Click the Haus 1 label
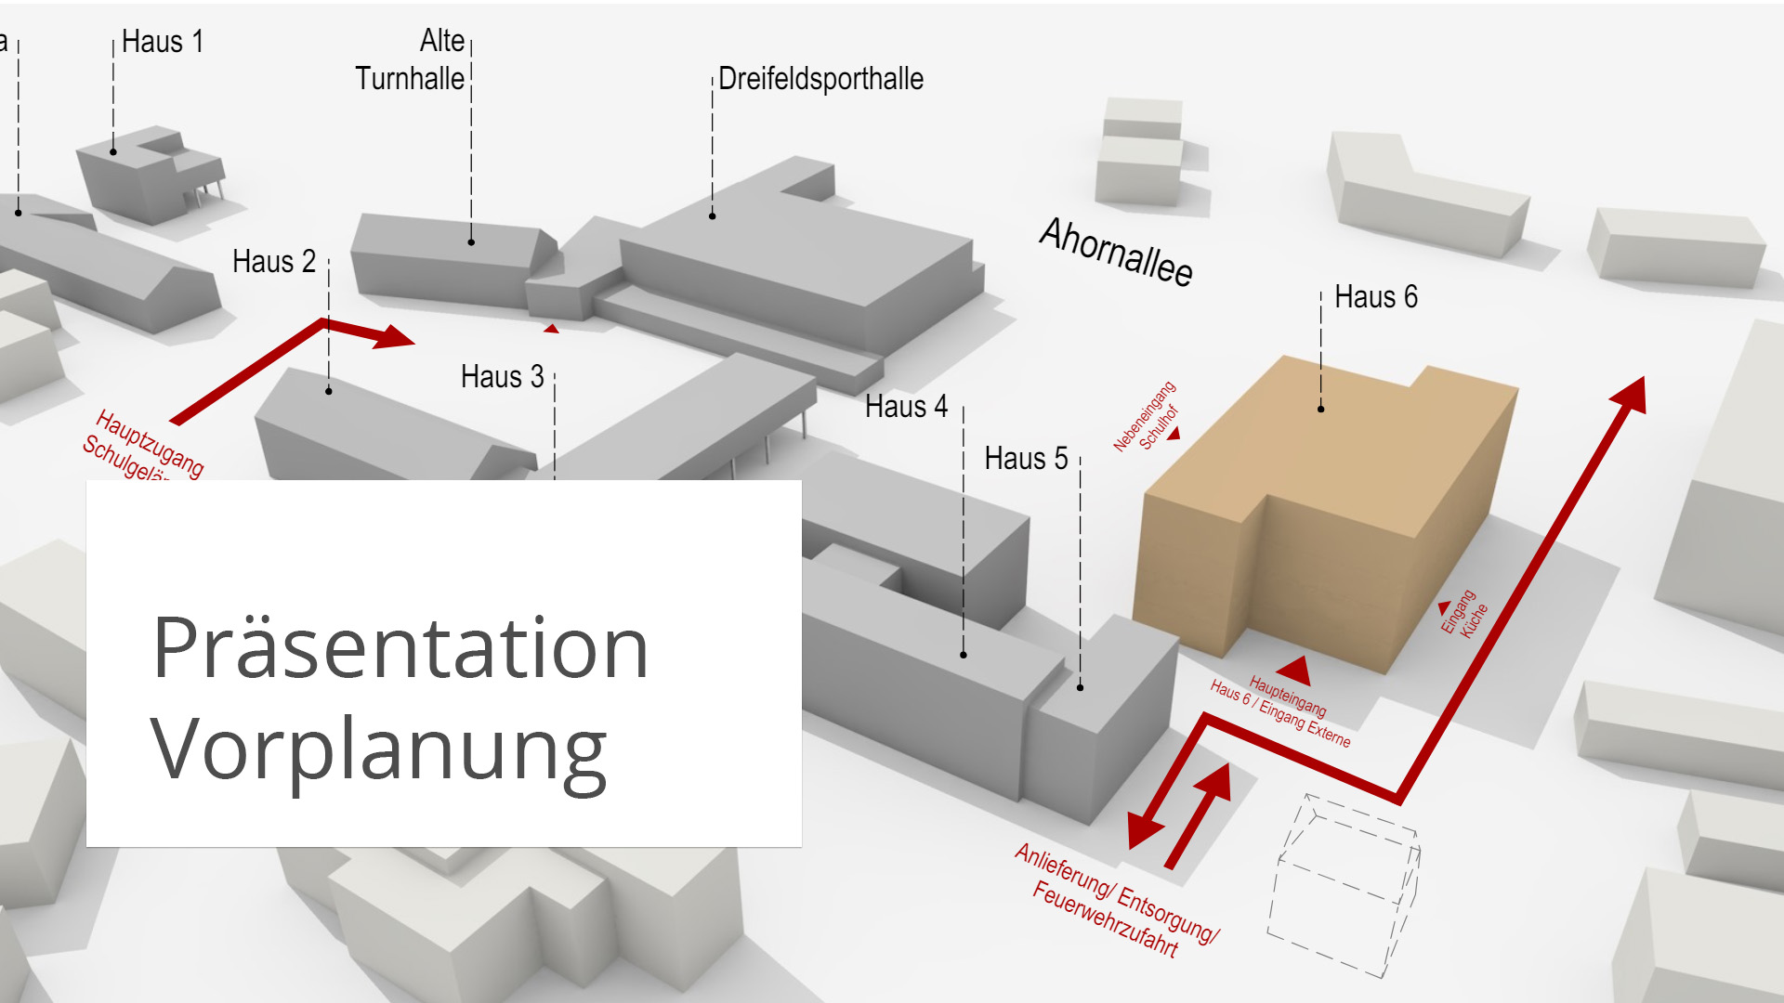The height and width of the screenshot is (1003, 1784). [163, 42]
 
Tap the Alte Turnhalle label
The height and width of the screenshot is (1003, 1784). [410, 60]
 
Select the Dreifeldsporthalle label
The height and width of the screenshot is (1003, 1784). [820, 79]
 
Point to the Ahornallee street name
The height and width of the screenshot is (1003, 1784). [1116, 251]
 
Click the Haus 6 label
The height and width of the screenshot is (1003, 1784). [1375, 297]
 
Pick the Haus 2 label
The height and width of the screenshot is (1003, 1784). [274, 262]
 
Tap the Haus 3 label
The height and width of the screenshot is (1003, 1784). [502, 377]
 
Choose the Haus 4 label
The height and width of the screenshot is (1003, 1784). [906, 407]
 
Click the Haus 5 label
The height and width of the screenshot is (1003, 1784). [1026, 459]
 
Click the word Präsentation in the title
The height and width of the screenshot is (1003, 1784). [400, 648]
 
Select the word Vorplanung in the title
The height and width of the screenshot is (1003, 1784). [378, 750]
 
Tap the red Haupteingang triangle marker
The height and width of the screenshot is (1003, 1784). [1293, 671]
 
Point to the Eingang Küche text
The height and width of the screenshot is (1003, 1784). [1464, 614]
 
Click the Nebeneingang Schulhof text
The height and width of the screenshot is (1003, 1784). [1146, 417]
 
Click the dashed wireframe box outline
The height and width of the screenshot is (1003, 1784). [1344, 887]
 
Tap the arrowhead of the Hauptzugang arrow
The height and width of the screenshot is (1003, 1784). [395, 337]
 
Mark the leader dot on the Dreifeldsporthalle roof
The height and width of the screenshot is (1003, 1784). [713, 216]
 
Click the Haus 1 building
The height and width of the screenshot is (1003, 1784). [139, 176]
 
